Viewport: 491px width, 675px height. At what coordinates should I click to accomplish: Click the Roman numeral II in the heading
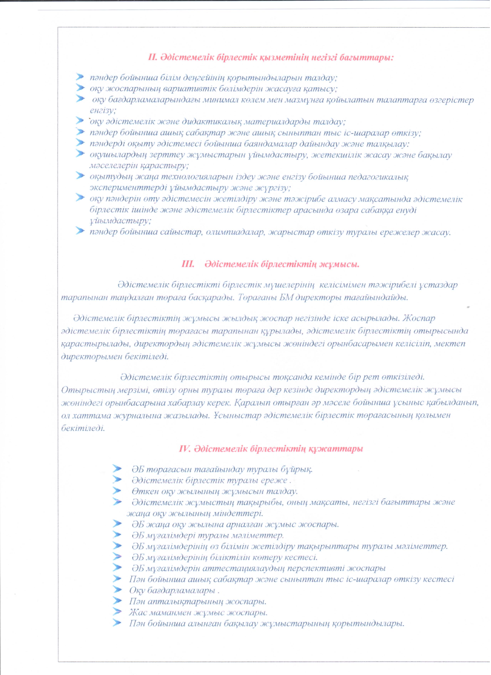pos(153,57)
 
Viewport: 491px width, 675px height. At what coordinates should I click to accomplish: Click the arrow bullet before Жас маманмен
pos(118,612)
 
